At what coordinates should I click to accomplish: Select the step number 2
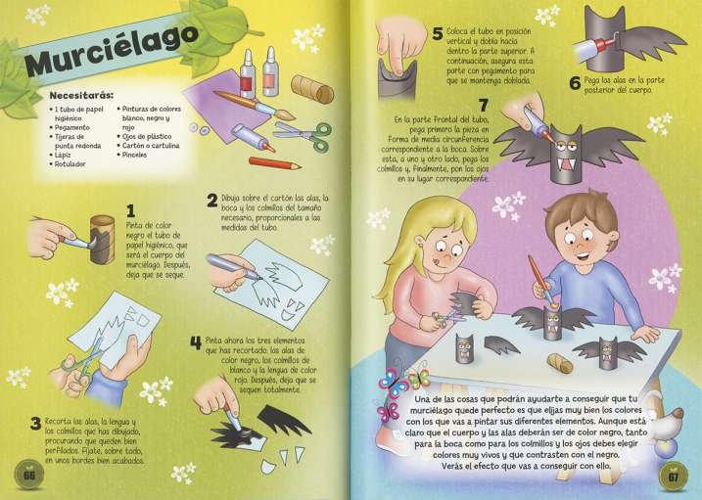click(x=211, y=201)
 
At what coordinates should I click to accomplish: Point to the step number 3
click(x=35, y=423)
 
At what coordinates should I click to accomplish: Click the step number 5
click(x=437, y=35)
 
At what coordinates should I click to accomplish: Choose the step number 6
click(x=574, y=83)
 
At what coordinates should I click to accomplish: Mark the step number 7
click(x=483, y=106)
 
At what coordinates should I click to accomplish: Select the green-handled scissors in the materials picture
click(x=308, y=133)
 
